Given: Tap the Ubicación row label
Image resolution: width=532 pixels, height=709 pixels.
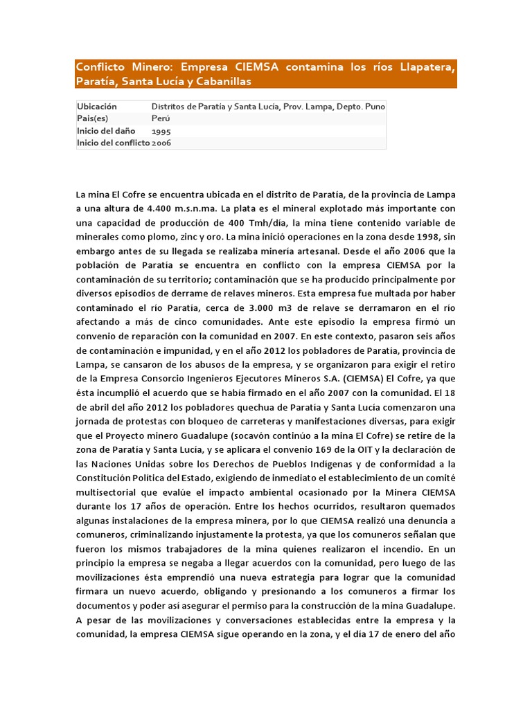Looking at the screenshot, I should point(98,107).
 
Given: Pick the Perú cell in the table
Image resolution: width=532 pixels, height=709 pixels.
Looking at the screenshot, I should point(161,118).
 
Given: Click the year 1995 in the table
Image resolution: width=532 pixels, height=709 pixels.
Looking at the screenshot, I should point(161,131).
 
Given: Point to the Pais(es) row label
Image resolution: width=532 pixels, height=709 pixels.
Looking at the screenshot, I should point(95,118).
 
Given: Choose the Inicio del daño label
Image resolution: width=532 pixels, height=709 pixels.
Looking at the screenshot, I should point(106,131).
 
